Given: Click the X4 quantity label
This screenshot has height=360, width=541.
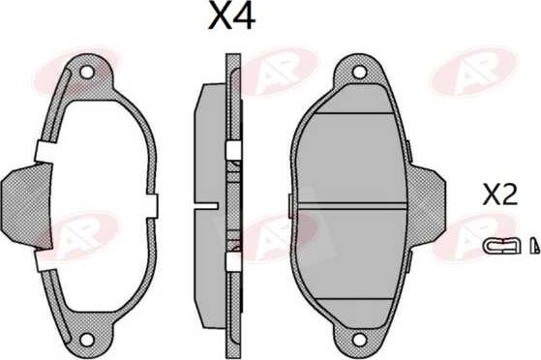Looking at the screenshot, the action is [231, 16].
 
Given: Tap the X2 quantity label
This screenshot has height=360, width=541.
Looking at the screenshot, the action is [500, 195].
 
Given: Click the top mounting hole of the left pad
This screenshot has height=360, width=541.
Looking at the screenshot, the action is [86, 73].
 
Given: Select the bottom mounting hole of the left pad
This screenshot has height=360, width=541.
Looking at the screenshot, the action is [86, 340].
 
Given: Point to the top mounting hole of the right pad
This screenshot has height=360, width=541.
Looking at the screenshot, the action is [359, 73].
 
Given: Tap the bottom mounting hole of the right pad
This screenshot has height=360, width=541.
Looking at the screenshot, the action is [359, 340].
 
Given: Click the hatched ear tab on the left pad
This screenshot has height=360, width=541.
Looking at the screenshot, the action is [27, 206].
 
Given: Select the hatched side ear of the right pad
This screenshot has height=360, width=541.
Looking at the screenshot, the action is [427, 206].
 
